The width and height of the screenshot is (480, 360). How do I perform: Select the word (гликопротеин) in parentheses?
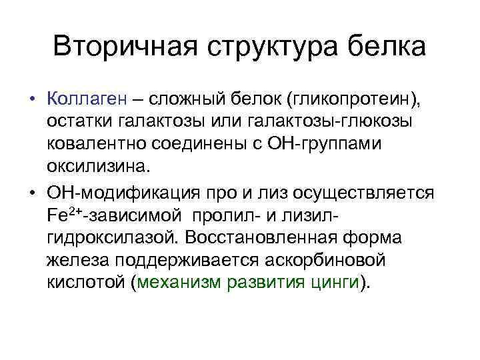[354, 101]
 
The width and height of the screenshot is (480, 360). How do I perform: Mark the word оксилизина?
[100, 169]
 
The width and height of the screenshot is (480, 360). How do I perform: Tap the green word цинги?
[334, 283]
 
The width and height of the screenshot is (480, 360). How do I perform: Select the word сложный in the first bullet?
[187, 101]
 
